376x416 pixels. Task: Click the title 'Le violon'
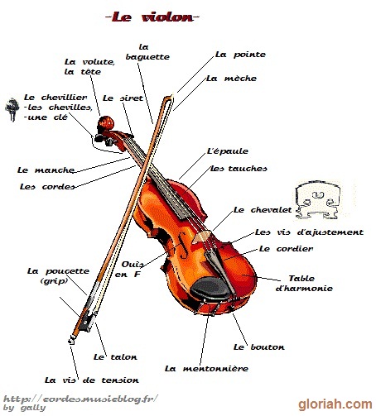coord(152,17)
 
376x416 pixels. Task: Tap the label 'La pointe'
coord(240,55)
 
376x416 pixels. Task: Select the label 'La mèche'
coord(231,79)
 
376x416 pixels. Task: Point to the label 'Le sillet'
coord(123,98)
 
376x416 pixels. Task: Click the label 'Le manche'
coord(46,170)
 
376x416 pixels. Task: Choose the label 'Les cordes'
coord(47,187)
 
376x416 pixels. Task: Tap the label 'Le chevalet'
coord(263,210)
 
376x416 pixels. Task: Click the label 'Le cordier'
coord(286,249)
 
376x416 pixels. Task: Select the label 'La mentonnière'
coord(206,369)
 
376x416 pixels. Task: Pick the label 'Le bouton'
coord(259,347)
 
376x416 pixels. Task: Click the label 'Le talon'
coord(115,357)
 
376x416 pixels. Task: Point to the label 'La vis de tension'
coord(92,380)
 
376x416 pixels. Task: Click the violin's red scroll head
coord(106,123)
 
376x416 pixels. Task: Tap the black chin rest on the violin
coord(210,288)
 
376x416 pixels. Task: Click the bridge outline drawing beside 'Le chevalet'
coord(317,201)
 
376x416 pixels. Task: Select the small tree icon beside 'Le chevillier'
coord(12,109)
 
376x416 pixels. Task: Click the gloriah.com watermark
coord(335,404)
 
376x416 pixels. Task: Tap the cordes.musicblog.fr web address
coord(81,399)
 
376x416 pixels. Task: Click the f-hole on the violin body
coord(183,245)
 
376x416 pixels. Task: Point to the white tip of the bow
coord(172,97)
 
